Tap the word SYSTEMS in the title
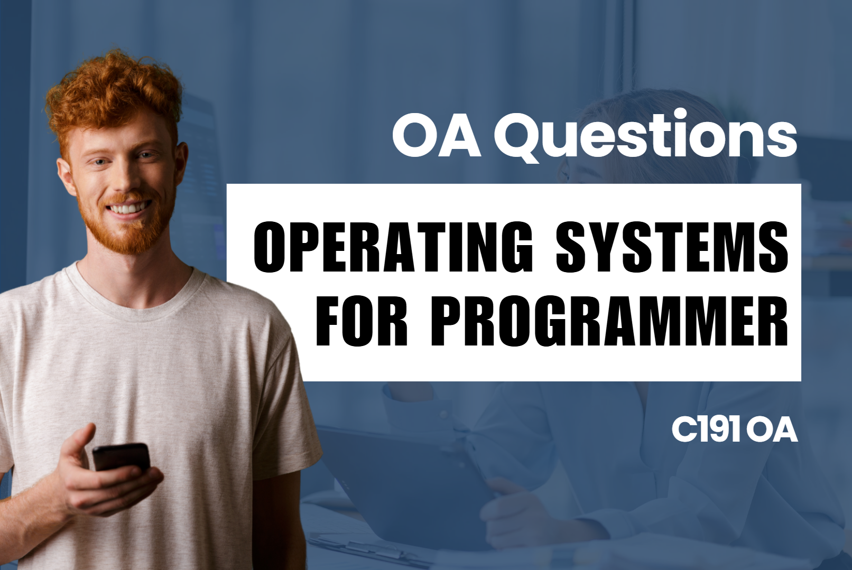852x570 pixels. point(671,247)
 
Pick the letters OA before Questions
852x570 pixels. point(437,137)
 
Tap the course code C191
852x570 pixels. point(706,429)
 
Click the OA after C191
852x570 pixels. point(774,430)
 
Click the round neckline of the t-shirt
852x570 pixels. point(132,296)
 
